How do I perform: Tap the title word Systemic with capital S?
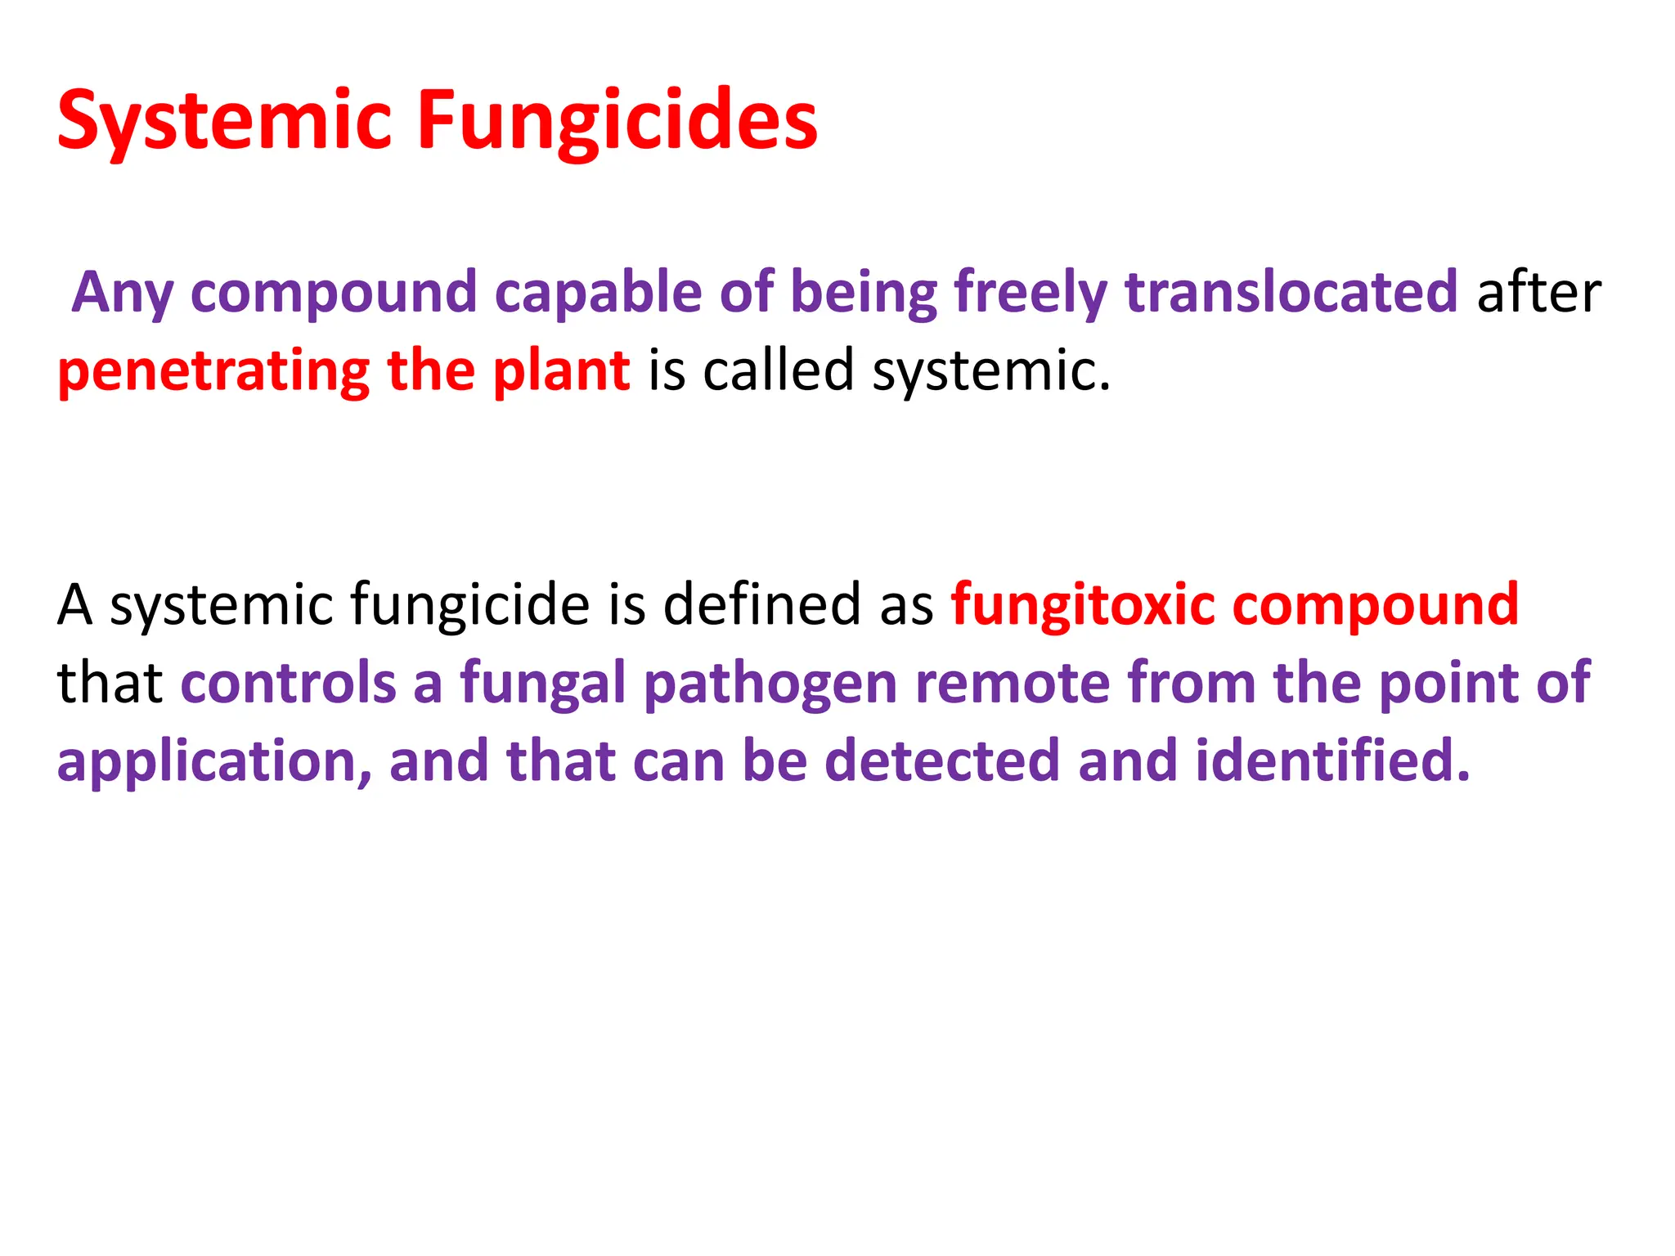pos(225,121)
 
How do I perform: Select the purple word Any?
pos(123,292)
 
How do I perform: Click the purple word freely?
pos(1031,292)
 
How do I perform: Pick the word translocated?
pos(1291,292)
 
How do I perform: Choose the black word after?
pos(1538,292)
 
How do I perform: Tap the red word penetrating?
pos(213,370)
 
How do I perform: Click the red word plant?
pos(561,370)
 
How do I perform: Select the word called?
pos(778,370)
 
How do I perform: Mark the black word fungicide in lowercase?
pos(470,605)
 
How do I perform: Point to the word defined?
pos(761,605)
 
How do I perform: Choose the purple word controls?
pos(288,683)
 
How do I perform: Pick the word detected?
pos(941,761)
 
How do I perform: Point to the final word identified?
pos(1332,761)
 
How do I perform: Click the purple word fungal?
pos(542,683)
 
